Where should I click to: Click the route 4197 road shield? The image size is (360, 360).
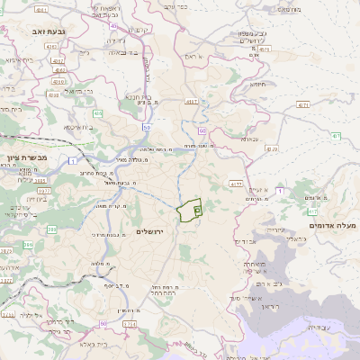[192, 103]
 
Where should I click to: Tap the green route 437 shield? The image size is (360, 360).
[335, 135]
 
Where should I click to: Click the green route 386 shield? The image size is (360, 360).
[29, 244]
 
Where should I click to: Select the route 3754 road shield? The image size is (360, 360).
[130, 323]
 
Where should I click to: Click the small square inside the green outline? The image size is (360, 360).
[196, 210]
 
